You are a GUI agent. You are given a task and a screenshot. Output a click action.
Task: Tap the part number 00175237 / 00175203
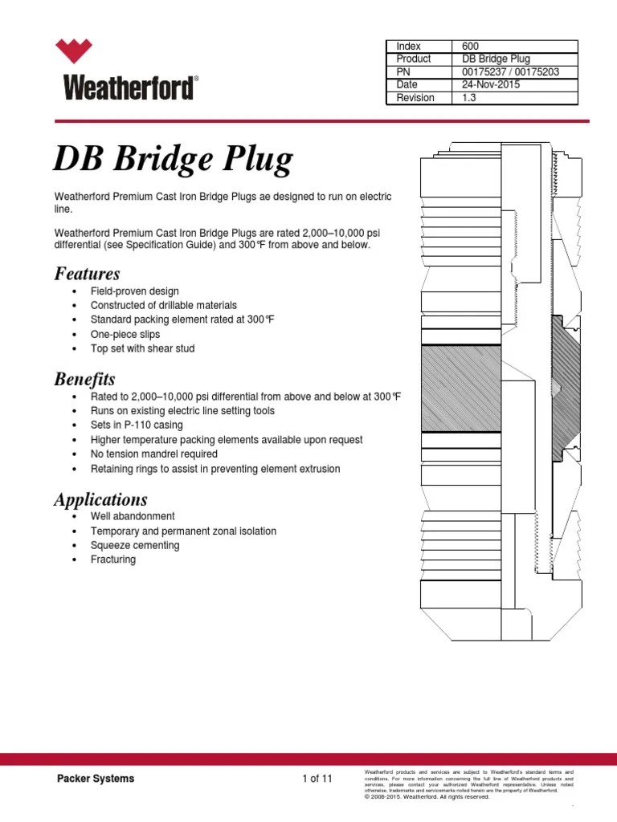pos(510,72)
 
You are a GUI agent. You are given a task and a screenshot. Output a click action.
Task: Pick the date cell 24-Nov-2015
pos(489,85)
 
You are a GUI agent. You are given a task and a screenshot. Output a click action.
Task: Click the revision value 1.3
pos(468,98)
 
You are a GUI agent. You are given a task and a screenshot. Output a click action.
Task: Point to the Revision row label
pos(415,98)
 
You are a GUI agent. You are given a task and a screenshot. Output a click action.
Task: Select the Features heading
pos(87,274)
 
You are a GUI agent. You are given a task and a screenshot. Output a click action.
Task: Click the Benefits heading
pos(84,379)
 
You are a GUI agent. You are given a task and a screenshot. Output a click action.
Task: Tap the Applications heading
pos(100,499)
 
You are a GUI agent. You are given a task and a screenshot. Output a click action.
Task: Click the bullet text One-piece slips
pos(125,335)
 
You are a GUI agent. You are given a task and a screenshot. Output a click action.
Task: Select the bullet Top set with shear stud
pos(142,349)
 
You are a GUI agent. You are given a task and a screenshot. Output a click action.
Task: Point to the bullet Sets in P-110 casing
pos(137,425)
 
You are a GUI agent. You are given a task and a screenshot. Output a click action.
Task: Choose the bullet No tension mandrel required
pos(154,454)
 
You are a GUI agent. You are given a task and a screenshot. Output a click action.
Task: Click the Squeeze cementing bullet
pos(135,546)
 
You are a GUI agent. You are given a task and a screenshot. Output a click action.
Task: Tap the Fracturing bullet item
pos(113,560)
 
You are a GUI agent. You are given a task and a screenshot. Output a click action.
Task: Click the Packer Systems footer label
pos(95,779)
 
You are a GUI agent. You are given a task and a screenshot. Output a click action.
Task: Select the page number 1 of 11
pos(317,779)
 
